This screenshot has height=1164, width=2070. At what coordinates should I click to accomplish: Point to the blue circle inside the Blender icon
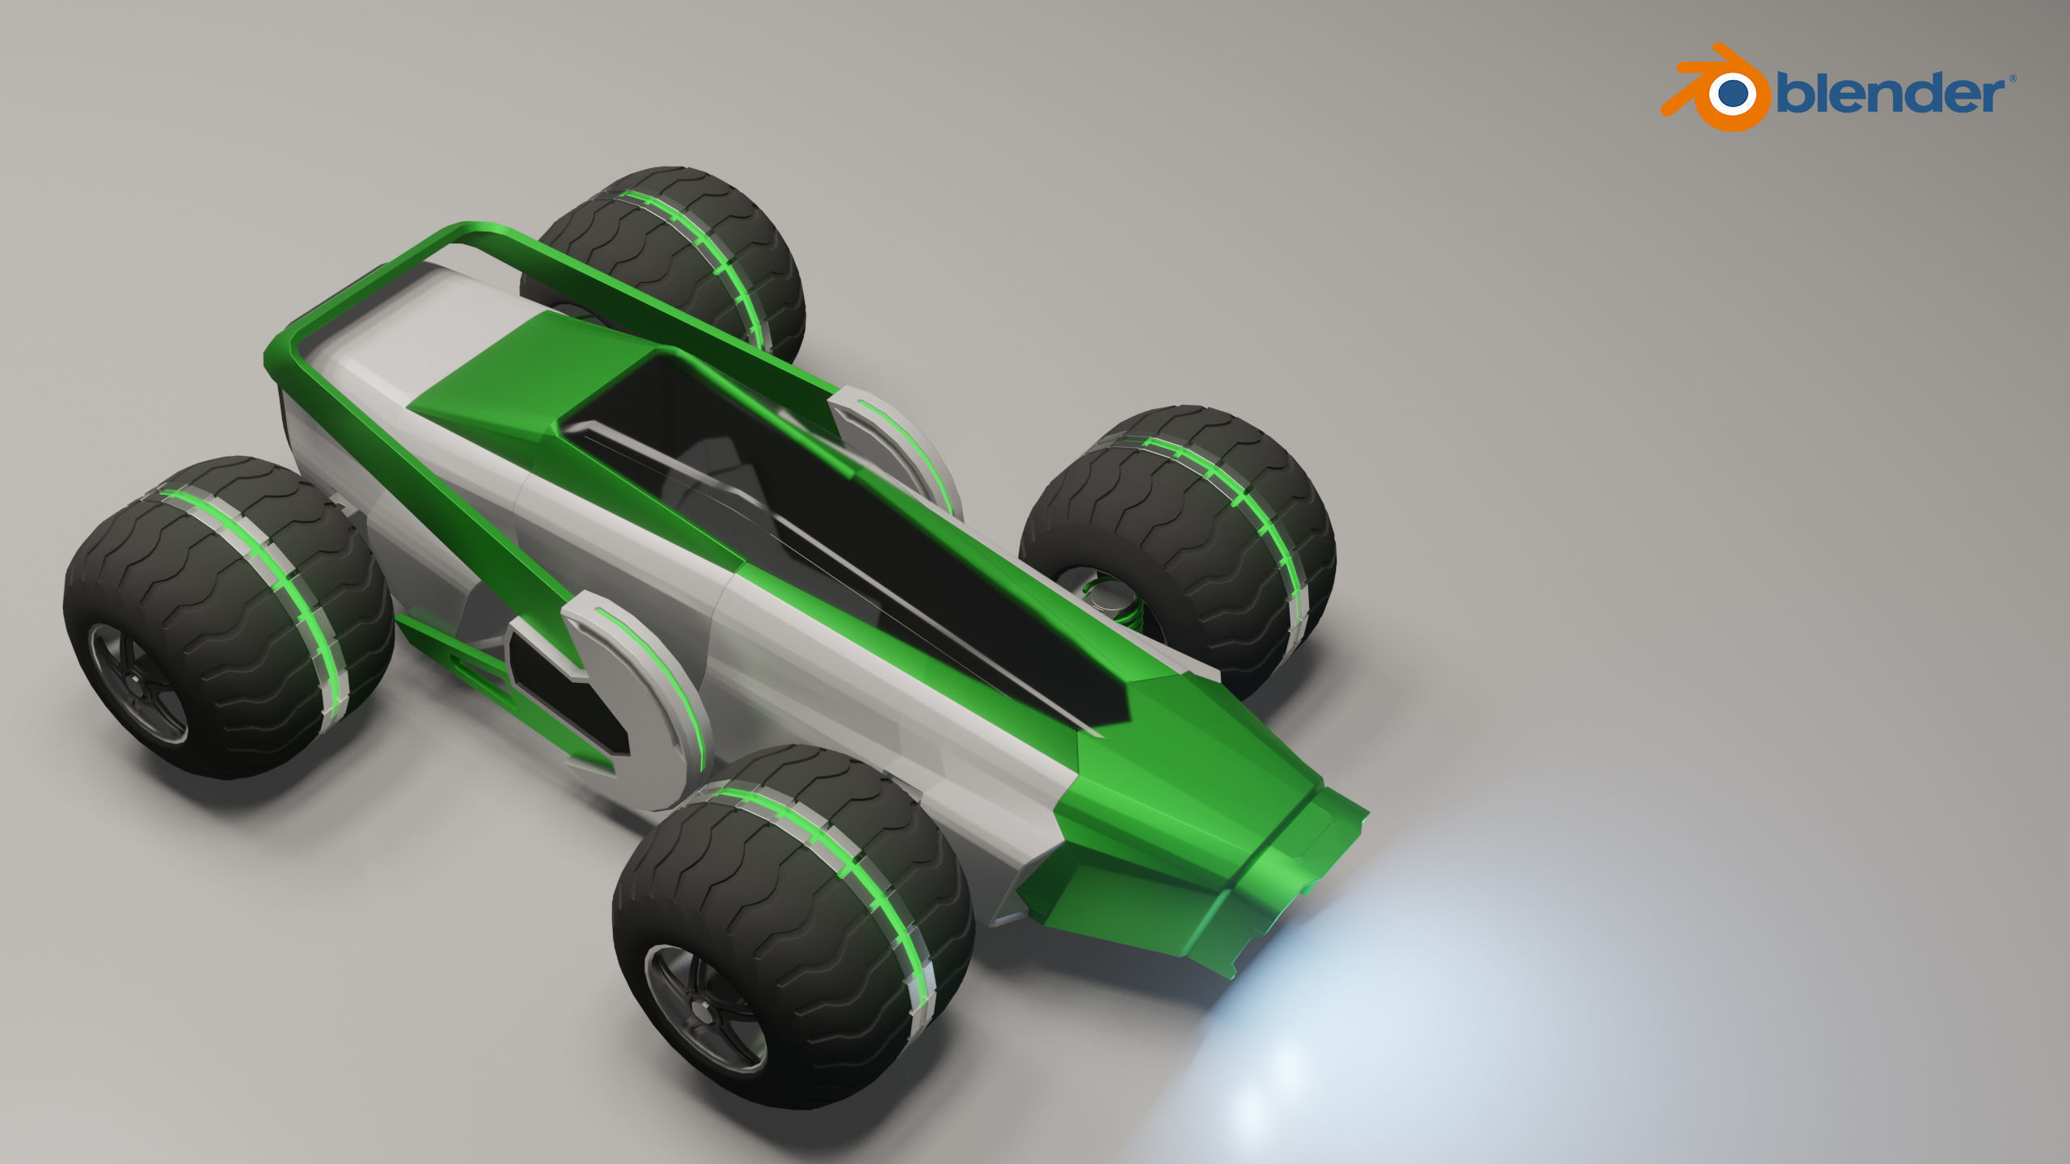coord(1731,94)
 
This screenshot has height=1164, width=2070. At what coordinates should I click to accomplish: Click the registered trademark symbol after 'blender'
coord(2013,78)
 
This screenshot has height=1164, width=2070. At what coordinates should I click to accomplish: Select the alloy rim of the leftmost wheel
coord(137,683)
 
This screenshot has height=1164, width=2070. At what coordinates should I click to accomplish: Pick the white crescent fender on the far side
coord(898,445)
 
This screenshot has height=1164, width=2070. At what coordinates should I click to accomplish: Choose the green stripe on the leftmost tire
coord(267,566)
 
